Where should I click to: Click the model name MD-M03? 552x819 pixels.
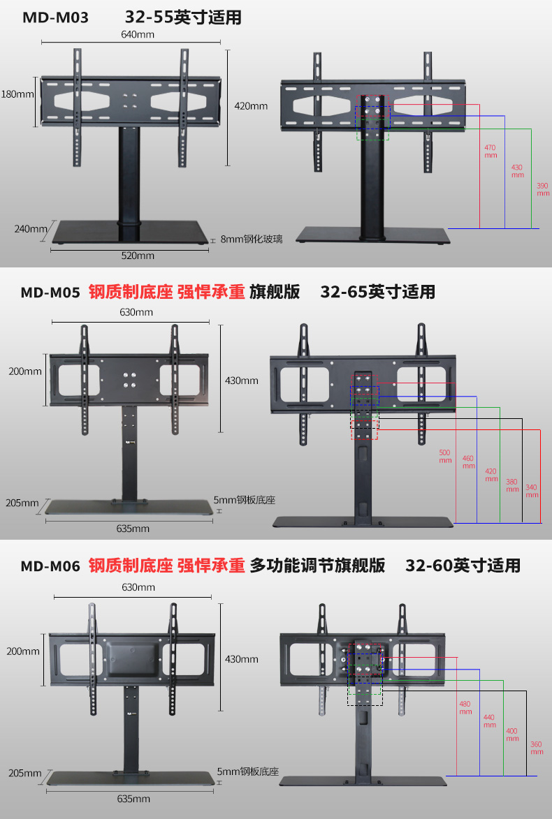coord(55,17)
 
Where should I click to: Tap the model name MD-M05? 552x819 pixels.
coord(51,292)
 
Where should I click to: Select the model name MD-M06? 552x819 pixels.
coord(50,565)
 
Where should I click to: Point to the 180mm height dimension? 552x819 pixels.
coord(17,94)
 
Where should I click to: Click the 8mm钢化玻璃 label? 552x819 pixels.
coord(252,239)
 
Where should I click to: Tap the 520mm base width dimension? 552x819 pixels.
coord(138,256)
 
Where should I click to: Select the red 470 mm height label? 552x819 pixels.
coord(490,151)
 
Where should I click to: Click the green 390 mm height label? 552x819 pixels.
coord(542,189)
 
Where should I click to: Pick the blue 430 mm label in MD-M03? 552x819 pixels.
coord(517,170)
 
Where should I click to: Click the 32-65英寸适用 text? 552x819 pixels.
coord(377,292)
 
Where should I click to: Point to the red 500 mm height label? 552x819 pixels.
coord(445,456)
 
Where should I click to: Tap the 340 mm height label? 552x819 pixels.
coord(532,490)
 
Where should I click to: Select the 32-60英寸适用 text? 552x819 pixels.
coord(463,565)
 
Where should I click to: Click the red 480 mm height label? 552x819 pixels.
coord(465,708)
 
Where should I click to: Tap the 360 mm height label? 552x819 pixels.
coord(536,748)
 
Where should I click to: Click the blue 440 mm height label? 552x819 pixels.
coord(488,721)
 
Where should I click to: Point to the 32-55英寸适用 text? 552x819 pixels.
coord(183,17)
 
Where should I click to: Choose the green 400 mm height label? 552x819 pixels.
coord(512,735)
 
